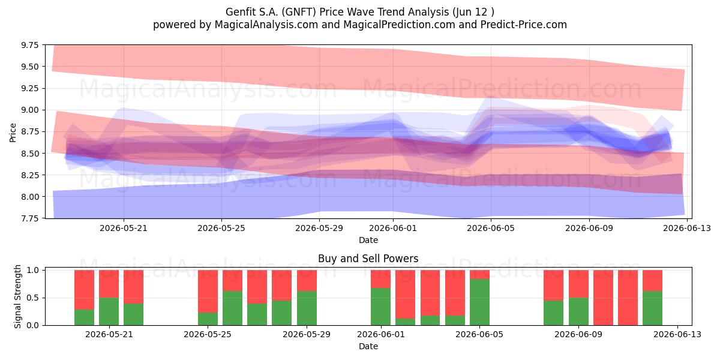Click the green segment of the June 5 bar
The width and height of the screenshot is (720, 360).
click(x=479, y=302)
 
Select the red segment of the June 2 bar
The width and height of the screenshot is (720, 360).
click(x=406, y=294)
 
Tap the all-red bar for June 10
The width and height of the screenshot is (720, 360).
click(x=604, y=298)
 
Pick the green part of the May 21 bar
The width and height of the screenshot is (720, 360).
click(x=109, y=311)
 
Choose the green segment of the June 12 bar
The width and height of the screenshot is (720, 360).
click(x=653, y=308)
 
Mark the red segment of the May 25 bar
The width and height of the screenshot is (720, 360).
click(x=208, y=291)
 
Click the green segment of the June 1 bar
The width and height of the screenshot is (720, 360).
click(x=380, y=307)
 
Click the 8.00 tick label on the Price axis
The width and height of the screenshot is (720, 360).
click(x=30, y=197)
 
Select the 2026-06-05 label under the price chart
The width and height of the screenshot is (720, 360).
click(x=491, y=228)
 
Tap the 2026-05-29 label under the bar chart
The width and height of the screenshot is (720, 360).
click(x=307, y=334)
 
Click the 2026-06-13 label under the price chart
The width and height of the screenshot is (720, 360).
click(x=687, y=228)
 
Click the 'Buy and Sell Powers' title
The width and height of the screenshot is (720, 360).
click(x=368, y=259)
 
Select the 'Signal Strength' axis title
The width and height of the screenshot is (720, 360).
click(x=17, y=296)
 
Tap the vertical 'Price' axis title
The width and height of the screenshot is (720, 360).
click(x=13, y=133)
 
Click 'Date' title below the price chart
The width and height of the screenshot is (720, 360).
click(x=368, y=240)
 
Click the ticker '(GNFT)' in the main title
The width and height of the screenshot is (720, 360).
click(x=298, y=12)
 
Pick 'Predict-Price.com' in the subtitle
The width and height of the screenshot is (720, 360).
click(x=524, y=25)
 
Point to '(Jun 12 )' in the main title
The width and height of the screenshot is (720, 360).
click(x=473, y=12)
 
